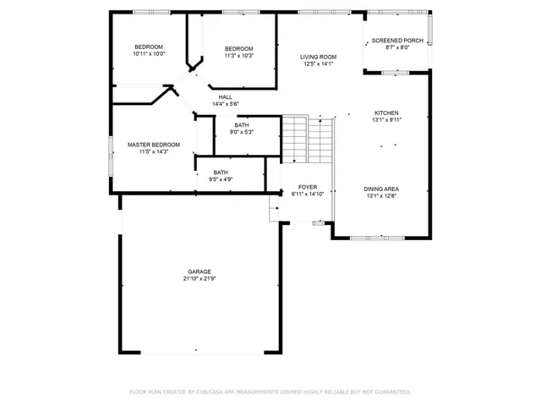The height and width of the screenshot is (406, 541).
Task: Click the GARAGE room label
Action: [x=199, y=272]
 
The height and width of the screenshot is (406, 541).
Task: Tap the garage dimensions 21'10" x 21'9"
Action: [x=199, y=279]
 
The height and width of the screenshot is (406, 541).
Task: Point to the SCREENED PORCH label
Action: [x=396, y=40]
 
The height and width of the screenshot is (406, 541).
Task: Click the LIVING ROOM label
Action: [x=318, y=57]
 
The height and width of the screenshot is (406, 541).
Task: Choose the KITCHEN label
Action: [x=386, y=112]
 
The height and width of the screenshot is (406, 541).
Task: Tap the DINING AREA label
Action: [x=381, y=189]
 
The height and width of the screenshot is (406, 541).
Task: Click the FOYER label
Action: [x=307, y=186]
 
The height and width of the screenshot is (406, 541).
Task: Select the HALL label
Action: [x=226, y=96]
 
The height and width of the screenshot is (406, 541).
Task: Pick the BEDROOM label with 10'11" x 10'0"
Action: [x=149, y=47]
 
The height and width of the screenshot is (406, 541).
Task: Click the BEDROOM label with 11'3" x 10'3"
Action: [x=239, y=48]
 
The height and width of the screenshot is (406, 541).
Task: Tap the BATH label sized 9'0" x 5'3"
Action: [x=242, y=125]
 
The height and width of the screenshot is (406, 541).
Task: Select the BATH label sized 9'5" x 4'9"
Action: [x=221, y=172]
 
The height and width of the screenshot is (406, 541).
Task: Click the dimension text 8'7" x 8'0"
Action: [x=396, y=47]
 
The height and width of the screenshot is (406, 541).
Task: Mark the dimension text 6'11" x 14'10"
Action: [x=307, y=194]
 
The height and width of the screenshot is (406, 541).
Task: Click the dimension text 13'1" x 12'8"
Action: [x=381, y=196]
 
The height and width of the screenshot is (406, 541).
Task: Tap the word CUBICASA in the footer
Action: [x=209, y=392]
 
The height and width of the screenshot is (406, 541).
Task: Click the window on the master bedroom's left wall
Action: [x=110, y=154]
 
